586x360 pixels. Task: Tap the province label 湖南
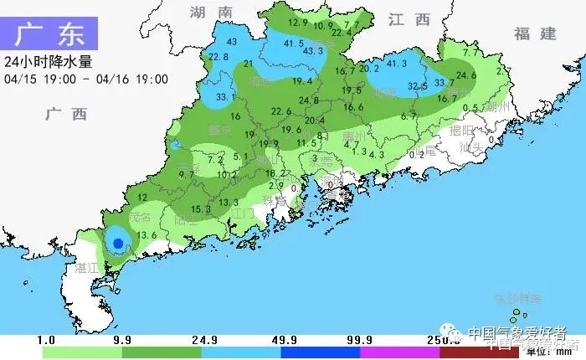tap(211, 13)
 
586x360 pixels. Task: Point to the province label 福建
tap(536, 33)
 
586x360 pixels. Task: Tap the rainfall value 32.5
tap(418, 86)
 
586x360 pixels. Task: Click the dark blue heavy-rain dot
tap(118, 243)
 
